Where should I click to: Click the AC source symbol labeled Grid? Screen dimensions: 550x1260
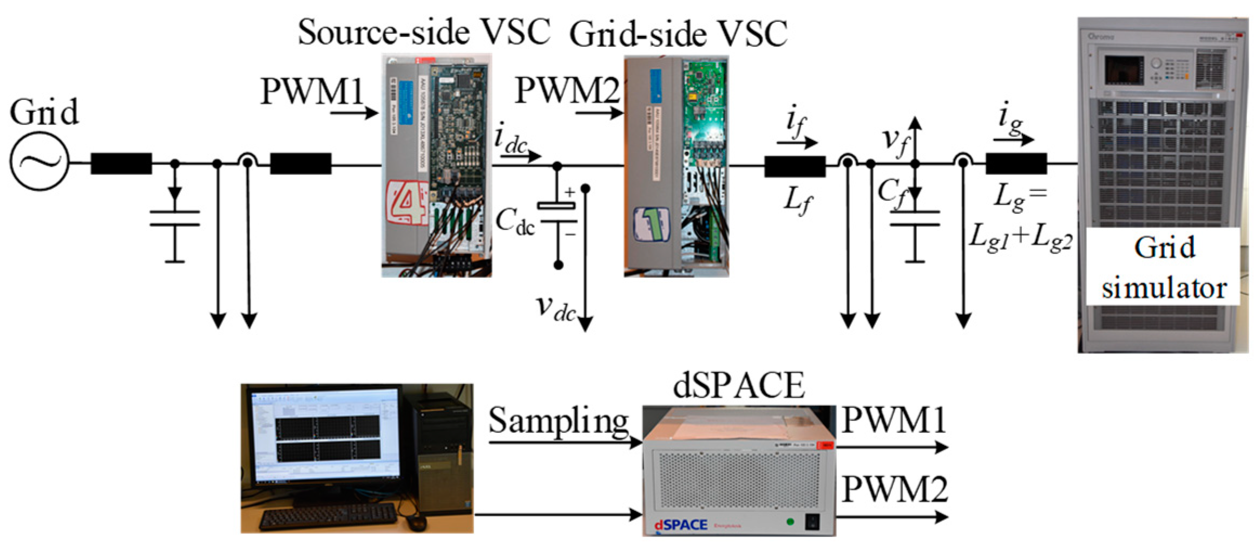[x=39, y=161]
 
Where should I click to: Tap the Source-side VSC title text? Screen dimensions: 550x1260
[x=424, y=33]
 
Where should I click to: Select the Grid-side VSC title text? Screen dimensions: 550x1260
[x=678, y=35]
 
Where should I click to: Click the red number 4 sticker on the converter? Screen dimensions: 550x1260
[x=406, y=202]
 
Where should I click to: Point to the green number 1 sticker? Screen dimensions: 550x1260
[x=651, y=224]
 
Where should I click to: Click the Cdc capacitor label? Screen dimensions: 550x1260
[x=514, y=222]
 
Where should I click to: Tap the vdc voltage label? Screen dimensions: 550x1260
[x=555, y=308]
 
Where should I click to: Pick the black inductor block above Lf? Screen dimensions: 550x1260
[x=795, y=166]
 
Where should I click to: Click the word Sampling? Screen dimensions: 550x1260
[x=558, y=421]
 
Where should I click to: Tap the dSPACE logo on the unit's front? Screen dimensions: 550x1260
[x=680, y=525]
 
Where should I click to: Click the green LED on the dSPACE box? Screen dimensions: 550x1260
[x=790, y=522]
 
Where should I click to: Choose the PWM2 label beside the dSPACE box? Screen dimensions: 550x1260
[x=894, y=489]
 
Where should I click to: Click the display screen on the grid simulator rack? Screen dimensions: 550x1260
[x=1123, y=69]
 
